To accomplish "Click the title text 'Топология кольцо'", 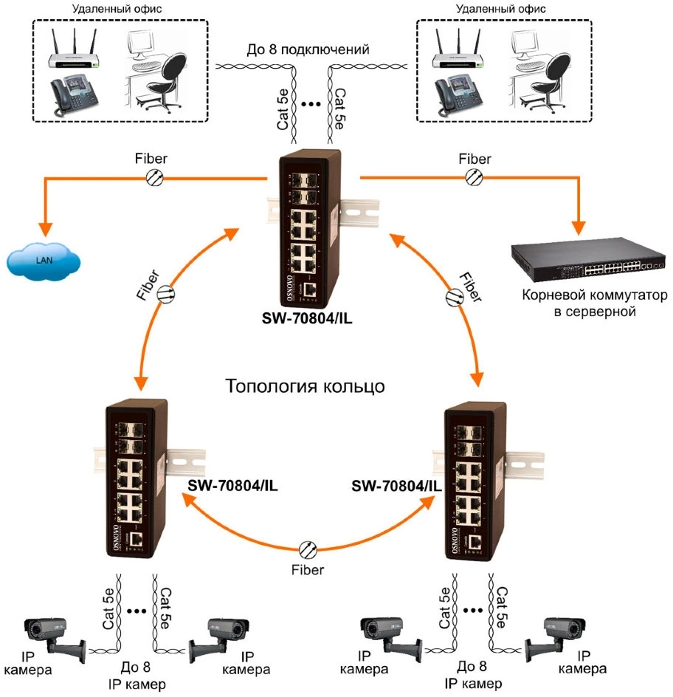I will click(x=304, y=386).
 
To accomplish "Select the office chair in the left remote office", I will click(x=164, y=78).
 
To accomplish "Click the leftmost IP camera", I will click(x=52, y=635).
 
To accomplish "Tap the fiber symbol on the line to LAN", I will click(x=156, y=177).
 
